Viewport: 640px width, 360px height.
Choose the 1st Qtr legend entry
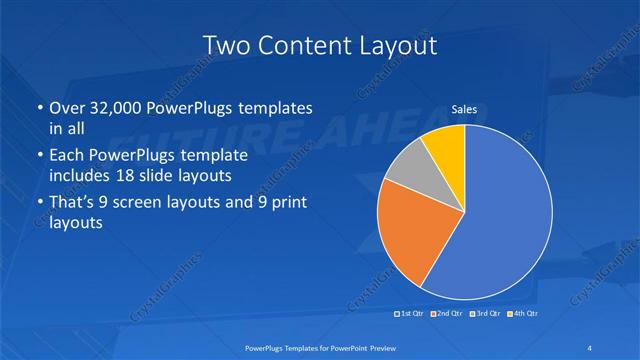[x=411, y=314]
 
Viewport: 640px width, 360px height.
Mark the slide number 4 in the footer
[x=590, y=347]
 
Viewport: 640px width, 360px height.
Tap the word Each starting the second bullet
[x=66, y=156]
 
